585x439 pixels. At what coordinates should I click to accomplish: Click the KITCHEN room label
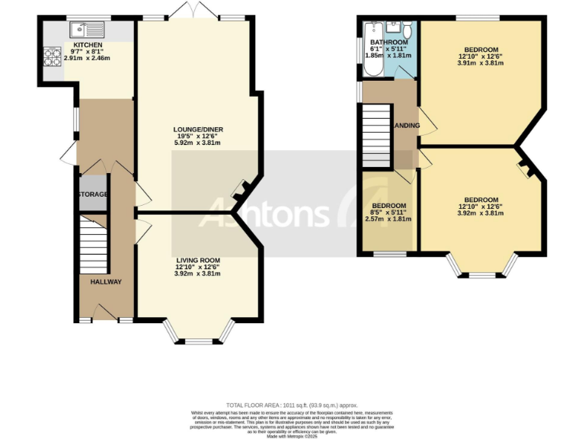88,45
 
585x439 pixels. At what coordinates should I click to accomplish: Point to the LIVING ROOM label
198,260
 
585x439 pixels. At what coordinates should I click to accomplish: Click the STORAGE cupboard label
93,194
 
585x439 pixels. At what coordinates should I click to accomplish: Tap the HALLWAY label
106,282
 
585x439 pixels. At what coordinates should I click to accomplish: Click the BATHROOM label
388,42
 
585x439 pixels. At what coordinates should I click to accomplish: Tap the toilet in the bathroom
408,31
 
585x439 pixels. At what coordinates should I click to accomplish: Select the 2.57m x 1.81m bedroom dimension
388,219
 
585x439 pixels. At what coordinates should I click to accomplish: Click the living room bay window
198,333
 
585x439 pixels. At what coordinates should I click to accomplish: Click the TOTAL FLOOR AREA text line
292,405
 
